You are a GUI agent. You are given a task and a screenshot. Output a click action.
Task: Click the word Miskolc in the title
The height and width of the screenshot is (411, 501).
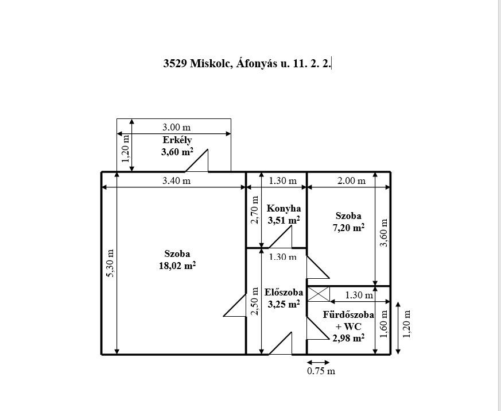click(x=211, y=63)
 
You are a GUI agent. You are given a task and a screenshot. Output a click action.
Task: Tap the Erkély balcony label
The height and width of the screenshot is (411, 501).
click(x=177, y=140)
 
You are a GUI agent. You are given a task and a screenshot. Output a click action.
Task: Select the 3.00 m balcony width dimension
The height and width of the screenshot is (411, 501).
click(x=176, y=127)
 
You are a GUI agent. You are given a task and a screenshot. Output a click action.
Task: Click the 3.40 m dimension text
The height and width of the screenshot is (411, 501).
click(x=176, y=180)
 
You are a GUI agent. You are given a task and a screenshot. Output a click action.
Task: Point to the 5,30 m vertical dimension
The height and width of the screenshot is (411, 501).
click(x=110, y=263)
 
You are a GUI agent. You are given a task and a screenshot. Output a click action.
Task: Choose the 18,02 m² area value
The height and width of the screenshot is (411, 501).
click(x=177, y=266)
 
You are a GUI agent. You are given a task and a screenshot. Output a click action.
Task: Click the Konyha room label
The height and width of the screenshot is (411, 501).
click(x=283, y=209)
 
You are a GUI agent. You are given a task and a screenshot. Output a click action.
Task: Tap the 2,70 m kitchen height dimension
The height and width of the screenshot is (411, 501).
click(x=255, y=210)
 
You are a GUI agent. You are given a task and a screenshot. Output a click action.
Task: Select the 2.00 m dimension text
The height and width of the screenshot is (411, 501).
click(x=351, y=180)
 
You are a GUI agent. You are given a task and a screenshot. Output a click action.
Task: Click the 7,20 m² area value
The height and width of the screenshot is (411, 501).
click(x=348, y=228)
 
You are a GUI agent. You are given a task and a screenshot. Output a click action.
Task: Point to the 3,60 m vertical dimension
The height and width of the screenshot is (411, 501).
click(x=384, y=233)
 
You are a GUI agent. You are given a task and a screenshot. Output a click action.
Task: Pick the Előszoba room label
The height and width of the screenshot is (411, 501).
click(x=283, y=292)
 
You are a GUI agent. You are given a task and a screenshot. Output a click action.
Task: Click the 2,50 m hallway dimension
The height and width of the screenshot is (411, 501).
click(x=255, y=301)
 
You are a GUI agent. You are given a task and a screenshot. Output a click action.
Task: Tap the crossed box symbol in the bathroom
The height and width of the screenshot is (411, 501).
click(x=319, y=294)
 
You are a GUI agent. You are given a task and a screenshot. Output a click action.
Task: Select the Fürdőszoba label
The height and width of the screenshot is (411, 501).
click(x=348, y=314)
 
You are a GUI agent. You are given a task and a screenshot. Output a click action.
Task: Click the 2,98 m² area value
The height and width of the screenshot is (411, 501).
click(x=348, y=338)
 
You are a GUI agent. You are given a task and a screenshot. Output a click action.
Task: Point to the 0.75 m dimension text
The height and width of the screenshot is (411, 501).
click(x=321, y=371)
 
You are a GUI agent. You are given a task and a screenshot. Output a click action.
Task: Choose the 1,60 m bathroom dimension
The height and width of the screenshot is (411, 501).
click(x=384, y=324)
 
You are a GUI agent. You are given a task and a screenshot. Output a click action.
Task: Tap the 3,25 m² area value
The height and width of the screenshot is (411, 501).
click(x=283, y=304)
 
